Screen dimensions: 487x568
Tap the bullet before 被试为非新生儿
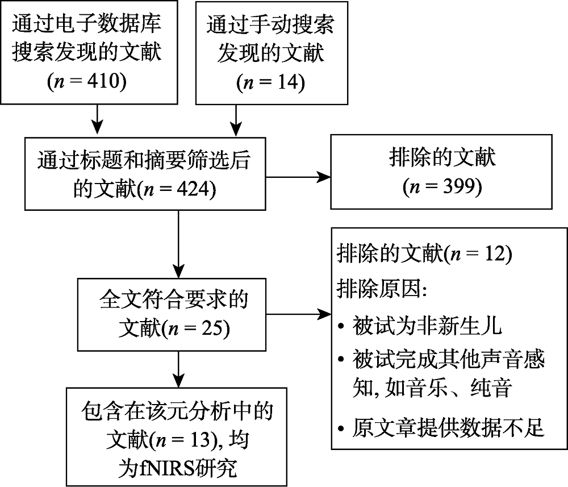pyautogui.click(x=341, y=328)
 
